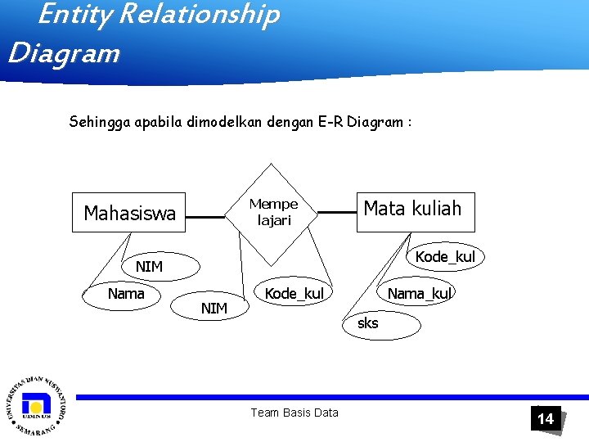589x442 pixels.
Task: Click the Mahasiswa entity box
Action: [x=129, y=214]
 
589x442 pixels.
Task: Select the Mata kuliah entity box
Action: [x=412, y=210]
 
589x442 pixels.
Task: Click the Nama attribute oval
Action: [x=125, y=294]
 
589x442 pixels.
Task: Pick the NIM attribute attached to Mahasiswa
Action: [x=149, y=266]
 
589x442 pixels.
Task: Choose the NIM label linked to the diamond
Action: [x=214, y=309]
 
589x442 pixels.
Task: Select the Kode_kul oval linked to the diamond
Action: [x=294, y=293]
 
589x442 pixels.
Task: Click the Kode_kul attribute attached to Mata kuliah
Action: [x=444, y=257]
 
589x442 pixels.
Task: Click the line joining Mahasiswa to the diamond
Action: [x=205, y=217]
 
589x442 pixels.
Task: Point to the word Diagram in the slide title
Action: [x=64, y=54]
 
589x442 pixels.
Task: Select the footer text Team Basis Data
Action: [x=294, y=413]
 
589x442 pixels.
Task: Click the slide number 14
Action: [x=545, y=419]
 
